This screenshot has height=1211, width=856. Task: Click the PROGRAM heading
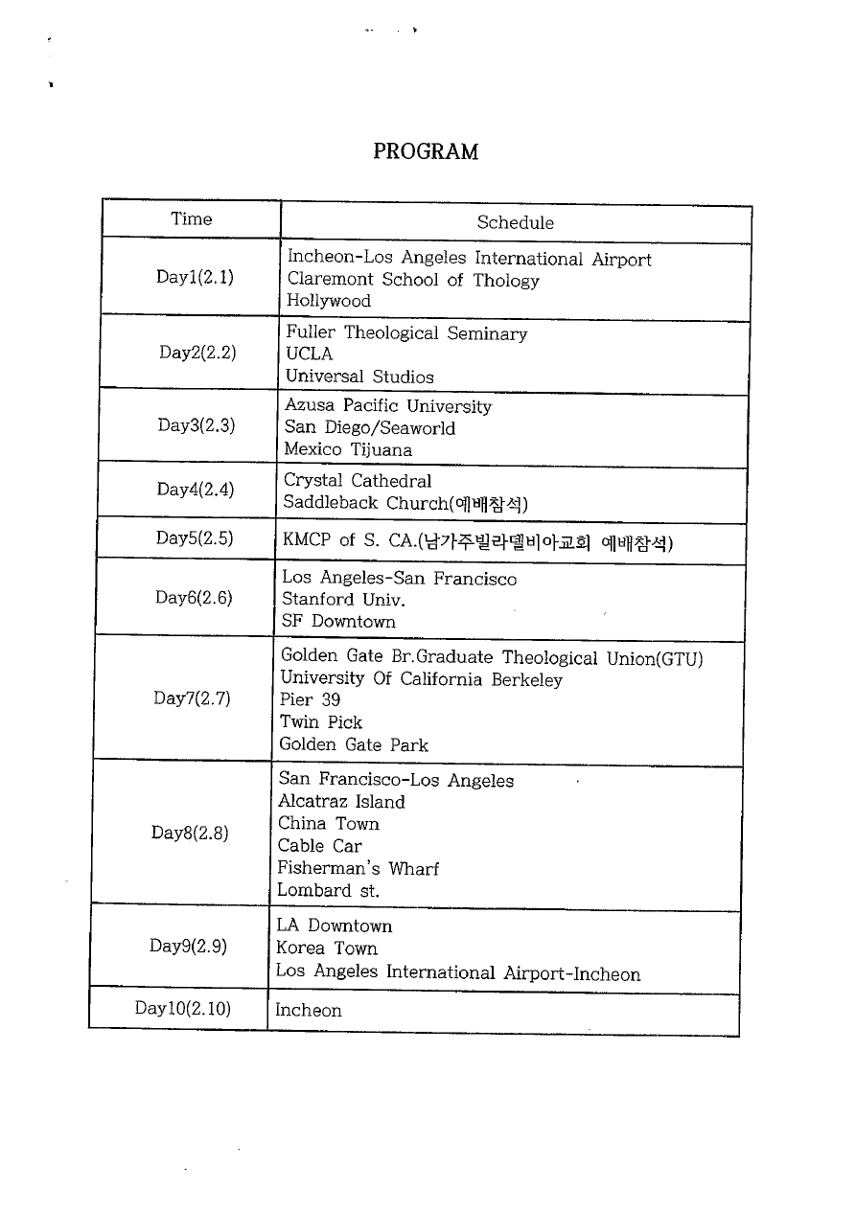pyautogui.click(x=425, y=151)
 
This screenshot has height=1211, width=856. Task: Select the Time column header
pyautogui.click(x=191, y=219)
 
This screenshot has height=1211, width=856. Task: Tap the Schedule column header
pyautogui.click(x=515, y=223)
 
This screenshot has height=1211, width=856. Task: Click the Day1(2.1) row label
pyautogui.click(x=195, y=278)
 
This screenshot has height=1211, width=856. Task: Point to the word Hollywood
pyautogui.click(x=328, y=301)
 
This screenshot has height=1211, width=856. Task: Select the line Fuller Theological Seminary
pyautogui.click(x=406, y=333)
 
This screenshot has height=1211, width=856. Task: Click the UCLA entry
pyautogui.click(x=309, y=354)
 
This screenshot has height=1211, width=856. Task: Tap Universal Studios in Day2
pyautogui.click(x=359, y=377)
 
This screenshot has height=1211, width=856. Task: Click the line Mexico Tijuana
pyautogui.click(x=348, y=449)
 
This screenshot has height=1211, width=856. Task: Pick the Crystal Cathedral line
pyautogui.click(x=358, y=481)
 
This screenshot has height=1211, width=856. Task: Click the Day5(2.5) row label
pyautogui.click(x=195, y=537)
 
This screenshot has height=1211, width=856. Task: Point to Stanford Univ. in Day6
pyautogui.click(x=343, y=600)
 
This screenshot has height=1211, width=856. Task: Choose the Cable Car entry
pyautogui.click(x=319, y=846)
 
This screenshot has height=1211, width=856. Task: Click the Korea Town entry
pyautogui.click(x=326, y=948)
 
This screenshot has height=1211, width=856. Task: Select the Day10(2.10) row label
pyautogui.click(x=183, y=1008)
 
